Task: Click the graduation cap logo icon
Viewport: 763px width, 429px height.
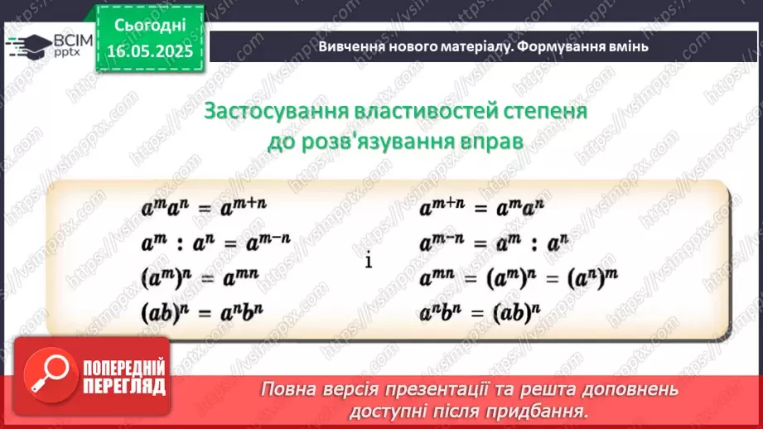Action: [28, 45]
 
